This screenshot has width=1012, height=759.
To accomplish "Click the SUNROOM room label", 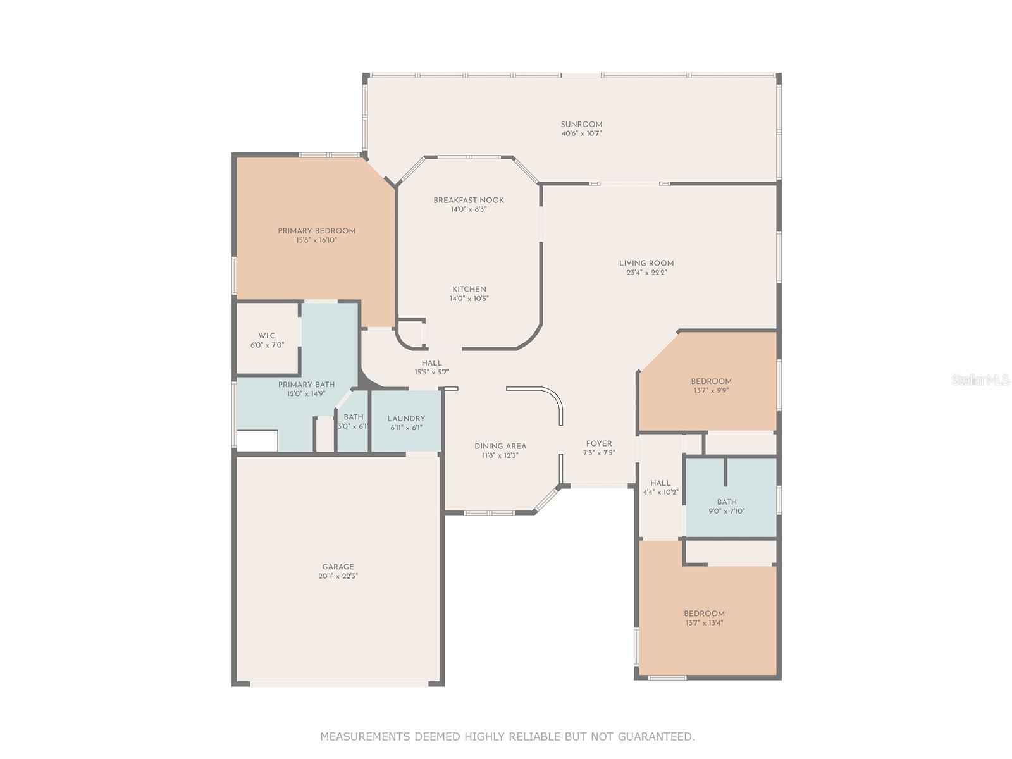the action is tap(581, 125).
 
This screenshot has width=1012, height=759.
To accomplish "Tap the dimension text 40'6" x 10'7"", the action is tap(581, 133).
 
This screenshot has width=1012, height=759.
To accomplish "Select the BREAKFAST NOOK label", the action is tap(469, 200).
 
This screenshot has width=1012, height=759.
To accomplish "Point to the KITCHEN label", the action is tap(469, 290).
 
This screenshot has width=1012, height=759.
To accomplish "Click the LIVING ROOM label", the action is tap(646, 263).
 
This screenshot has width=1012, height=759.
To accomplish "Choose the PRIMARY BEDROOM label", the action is tap(316, 231).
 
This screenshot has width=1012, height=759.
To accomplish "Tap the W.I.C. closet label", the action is tap(267, 336).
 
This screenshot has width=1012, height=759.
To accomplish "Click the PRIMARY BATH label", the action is tap(306, 385).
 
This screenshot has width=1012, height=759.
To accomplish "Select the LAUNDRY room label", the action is tap(405, 419).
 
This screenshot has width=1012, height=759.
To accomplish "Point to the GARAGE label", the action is tap(338, 567).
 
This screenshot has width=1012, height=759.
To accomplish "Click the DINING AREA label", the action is tap(500, 446).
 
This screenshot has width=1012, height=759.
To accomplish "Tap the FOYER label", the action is tap(599, 444).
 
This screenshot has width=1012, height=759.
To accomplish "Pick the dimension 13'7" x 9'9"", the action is tap(711, 390).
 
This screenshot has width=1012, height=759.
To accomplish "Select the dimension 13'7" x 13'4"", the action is tap(704, 622).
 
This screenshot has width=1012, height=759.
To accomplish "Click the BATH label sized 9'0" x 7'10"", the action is tap(727, 502).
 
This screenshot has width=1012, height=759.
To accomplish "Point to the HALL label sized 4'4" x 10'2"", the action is tap(660, 483).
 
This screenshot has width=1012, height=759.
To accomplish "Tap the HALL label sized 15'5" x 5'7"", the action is tap(431, 362).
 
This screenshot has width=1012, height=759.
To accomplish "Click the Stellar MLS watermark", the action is tap(980, 379).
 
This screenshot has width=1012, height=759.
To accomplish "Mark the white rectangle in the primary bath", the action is tap(257, 441).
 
